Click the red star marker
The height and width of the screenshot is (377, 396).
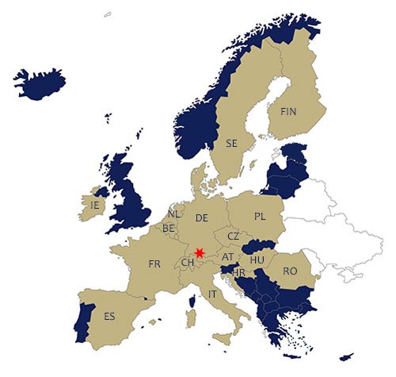[x=199, y=252]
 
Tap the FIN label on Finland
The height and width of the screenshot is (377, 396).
[x=287, y=112]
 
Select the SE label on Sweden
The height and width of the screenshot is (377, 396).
[x=231, y=144]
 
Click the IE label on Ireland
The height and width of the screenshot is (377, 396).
[x=95, y=205]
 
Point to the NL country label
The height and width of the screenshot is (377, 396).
[x=174, y=214]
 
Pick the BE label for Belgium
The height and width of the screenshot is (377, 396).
[x=169, y=228]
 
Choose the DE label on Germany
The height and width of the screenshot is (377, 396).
[x=201, y=217]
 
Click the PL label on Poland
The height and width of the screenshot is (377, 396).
[x=261, y=216]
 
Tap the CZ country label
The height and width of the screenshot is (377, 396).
[x=233, y=237]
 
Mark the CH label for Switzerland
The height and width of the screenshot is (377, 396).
[x=188, y=263]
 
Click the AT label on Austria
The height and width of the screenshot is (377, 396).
[x=228, y=257]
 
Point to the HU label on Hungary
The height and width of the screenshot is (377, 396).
[x=257, y=260]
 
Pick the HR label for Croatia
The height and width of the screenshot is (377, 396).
[x=239, y=272]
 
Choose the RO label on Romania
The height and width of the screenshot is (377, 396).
[x=290, y=271]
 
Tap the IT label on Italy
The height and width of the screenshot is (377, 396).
[x=211, y=294]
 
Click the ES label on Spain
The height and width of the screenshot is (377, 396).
[x=109, y=316]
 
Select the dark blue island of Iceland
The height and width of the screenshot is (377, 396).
[x=40, y=82]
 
